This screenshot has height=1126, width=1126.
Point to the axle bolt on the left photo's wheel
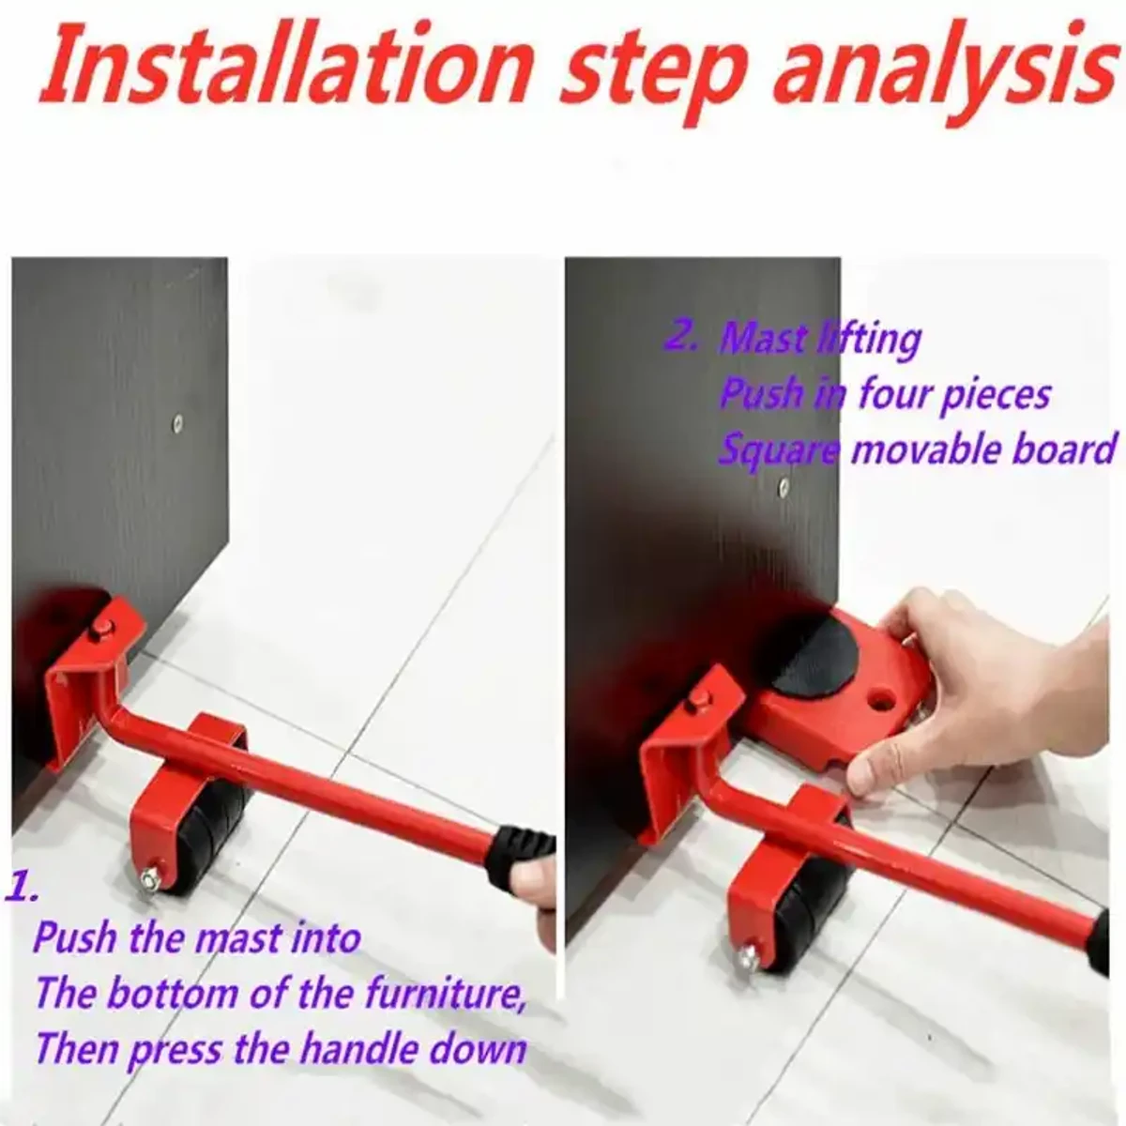[149, 879]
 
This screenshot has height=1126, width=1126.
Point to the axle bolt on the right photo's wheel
[748, 957]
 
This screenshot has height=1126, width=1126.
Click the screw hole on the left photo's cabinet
[178, 422]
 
